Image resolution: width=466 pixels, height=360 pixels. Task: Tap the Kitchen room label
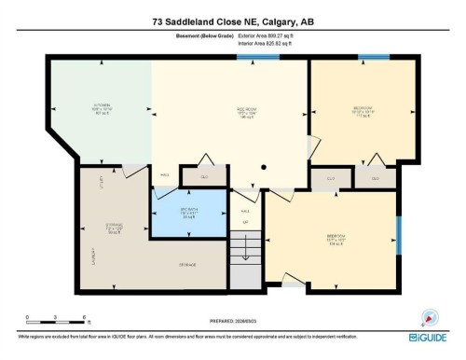click(x=103, y=107)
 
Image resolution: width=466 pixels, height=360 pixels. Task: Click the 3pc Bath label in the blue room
click(x=189, y=214)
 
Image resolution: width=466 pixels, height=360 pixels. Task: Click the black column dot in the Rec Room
click(x=264, y=168)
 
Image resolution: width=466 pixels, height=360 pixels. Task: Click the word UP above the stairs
click(x=245, y=222)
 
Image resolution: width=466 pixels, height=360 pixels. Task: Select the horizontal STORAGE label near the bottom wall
click(x=188, y=264)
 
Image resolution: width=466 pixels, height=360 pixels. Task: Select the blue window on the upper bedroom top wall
click(x=374, y=58)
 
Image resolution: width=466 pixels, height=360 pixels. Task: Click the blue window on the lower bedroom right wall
click(x=400, y=235)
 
